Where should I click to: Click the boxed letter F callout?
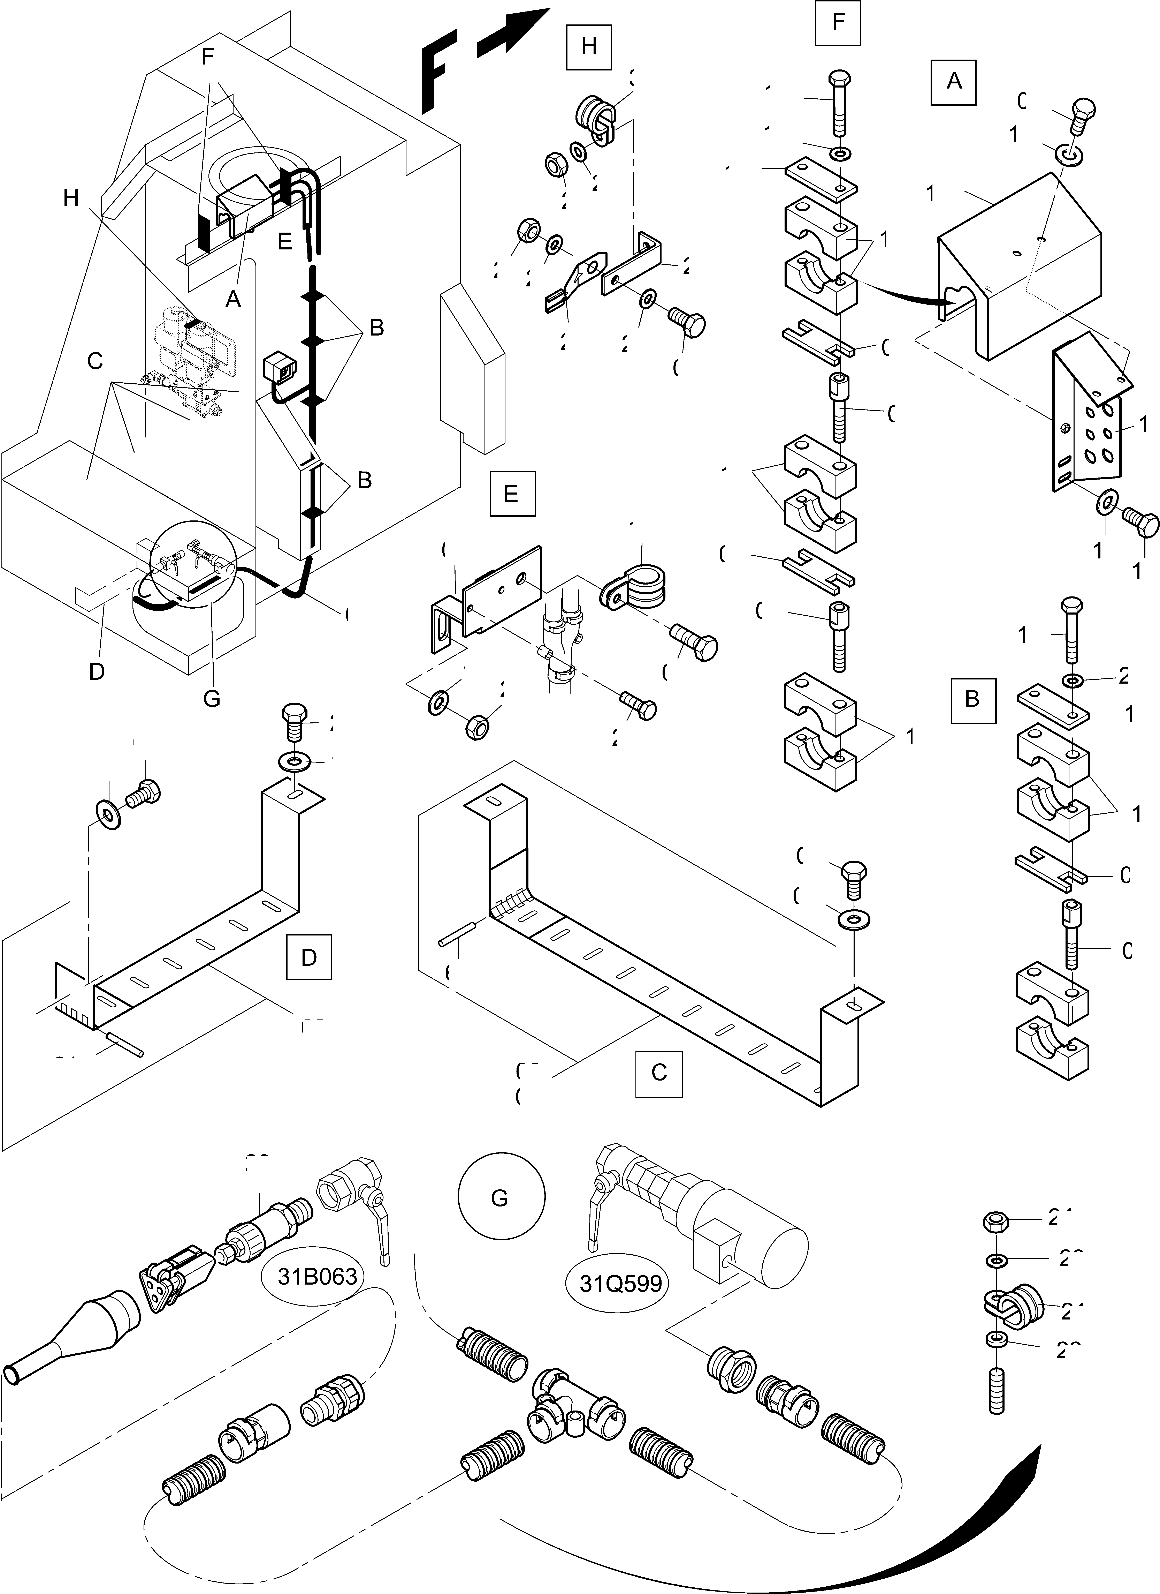tap(838, 22)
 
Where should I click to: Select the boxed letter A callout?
tap(953, 82)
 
